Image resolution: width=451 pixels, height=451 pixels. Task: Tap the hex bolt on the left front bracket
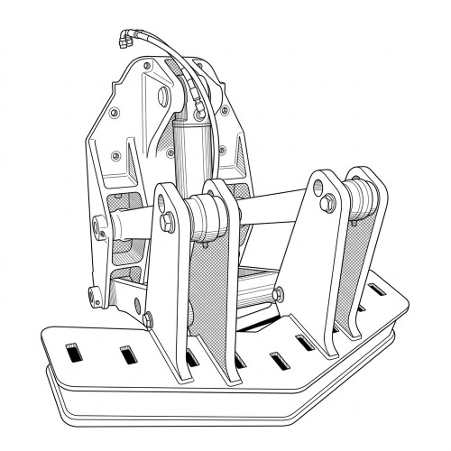[x=169, y=220]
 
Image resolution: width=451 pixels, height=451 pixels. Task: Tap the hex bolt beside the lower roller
[x=278, y=293]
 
